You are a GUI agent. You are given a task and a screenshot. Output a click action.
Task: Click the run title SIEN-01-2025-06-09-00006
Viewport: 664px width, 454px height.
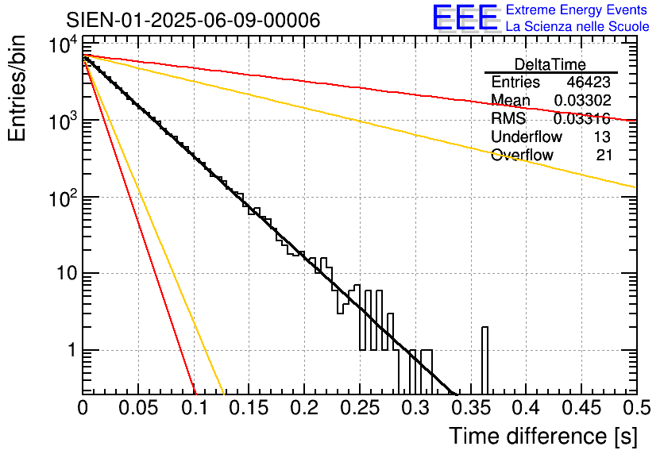[193, 20]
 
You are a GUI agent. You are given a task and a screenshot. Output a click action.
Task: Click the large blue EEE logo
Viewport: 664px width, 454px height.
[465, 19]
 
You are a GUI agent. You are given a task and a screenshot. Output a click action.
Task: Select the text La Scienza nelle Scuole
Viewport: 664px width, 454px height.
[577, 27]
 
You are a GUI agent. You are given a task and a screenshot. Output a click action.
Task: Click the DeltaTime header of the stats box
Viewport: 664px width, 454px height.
[550, 64]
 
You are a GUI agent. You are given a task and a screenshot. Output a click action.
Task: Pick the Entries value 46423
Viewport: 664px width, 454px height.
[589, 83]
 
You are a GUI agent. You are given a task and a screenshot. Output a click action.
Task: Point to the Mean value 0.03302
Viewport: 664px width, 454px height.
[582, 101]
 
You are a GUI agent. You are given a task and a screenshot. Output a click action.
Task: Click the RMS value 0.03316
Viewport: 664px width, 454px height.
[582, 119]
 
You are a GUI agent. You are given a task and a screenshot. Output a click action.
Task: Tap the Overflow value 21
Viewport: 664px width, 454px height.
[604, 156]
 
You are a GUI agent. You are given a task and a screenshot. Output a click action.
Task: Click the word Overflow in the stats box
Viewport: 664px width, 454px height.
[522, 156]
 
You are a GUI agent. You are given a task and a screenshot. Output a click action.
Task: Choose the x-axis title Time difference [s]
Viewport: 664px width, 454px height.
[542, 436]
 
